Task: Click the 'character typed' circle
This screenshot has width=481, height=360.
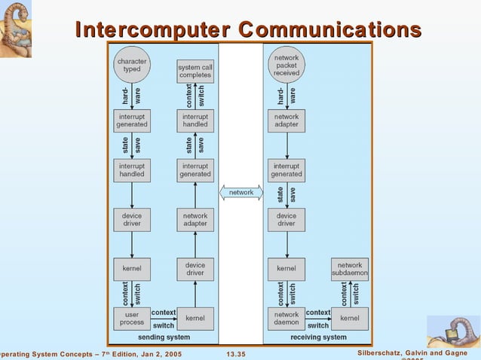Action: coord(132,64)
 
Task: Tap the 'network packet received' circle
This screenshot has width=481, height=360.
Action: coord(286,64)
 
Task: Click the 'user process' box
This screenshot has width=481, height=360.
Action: coord(132,318)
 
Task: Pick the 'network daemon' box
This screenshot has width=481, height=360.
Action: coord(286,318)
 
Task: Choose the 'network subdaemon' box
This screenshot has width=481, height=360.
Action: coord(350,270)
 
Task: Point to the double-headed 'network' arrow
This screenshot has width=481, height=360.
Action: coord(241,193)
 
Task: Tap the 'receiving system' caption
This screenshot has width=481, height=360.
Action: coord(318,337)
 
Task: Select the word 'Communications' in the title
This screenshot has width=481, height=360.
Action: coord(329,30)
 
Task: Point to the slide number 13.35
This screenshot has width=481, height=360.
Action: coord(236,354)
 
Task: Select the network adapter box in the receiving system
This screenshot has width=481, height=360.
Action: coord(286,121)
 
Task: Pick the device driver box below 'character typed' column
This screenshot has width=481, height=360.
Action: coord(132,219)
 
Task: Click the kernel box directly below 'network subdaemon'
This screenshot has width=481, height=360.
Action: coord(350,318)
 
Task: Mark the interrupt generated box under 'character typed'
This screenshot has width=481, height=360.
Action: coord(132,121)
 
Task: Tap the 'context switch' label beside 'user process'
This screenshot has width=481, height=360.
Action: coord(164,318)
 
